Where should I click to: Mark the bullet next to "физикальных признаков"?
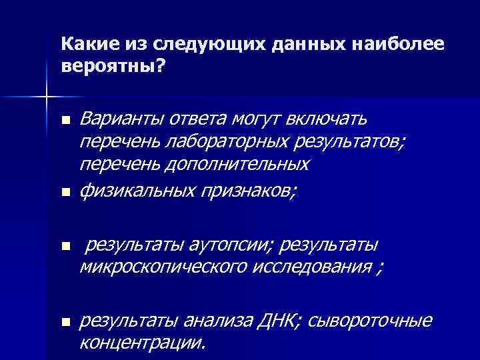tap(65, 193)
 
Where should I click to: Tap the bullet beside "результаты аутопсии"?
tap(65, 247)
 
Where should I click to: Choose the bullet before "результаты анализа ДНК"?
tap(65, 323)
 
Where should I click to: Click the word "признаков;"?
tap(253, 191)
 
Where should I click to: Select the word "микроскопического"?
tap(167, 268)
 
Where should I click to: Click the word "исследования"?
tap(313, 268)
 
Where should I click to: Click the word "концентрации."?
tap(143, 343)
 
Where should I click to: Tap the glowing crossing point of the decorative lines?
tap(46, 97)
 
